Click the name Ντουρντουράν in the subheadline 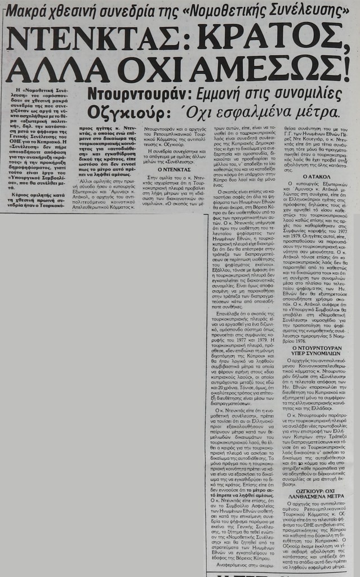(139, 93)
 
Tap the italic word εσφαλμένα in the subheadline (243, 112)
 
